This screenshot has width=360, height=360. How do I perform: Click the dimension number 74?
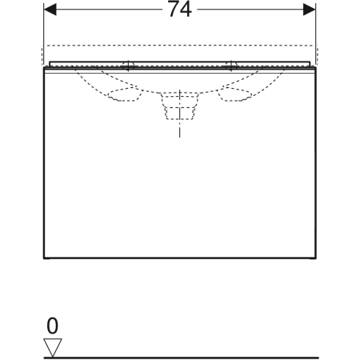pos(180,10)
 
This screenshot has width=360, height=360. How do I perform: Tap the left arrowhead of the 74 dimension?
pos(50,10)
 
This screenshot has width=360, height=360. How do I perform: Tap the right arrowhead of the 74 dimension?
pos(310,10)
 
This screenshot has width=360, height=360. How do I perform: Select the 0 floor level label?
pos(52,326)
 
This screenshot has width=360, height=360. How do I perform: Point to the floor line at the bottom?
pos(182,358)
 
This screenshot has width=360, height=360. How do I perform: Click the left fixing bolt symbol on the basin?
pos(128,66)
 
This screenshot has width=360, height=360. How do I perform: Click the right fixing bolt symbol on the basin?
pos(231,66)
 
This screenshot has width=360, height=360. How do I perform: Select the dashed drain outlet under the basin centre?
pos(180,106)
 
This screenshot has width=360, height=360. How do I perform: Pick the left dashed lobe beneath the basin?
pos(125,94)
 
